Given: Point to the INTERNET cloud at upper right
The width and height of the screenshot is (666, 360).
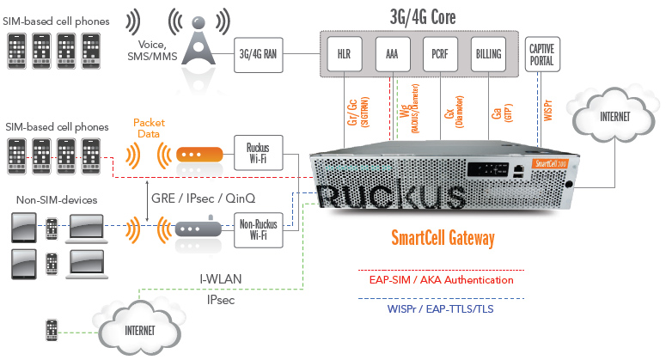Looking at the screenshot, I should [614, 116].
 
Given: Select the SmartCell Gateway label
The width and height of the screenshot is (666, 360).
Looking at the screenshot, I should [443, 240].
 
